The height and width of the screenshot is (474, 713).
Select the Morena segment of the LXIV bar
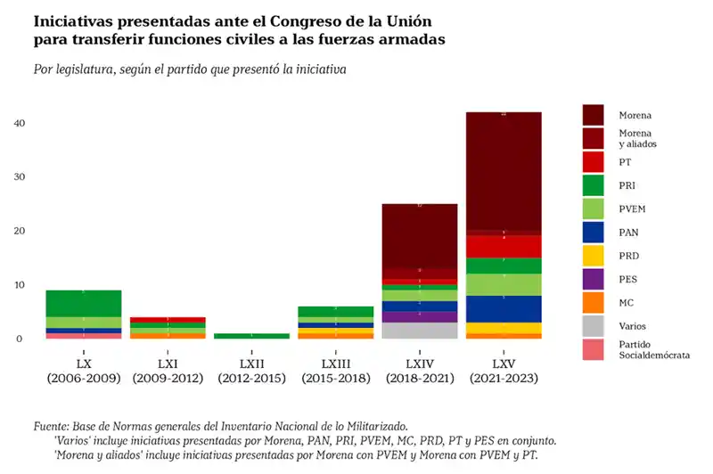420,235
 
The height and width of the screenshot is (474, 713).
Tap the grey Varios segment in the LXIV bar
420,331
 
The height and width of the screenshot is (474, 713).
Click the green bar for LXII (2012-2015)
251,336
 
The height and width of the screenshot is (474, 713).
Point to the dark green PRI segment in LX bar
84,303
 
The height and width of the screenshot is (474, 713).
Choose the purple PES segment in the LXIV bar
420,316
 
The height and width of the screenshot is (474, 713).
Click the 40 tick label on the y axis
17,123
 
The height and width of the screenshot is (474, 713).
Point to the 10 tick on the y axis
17,285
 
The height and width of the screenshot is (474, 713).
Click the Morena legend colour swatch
593,115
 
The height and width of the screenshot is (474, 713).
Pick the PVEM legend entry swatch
593,208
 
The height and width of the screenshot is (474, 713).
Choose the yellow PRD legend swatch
593,256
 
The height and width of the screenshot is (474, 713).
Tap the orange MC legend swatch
593,302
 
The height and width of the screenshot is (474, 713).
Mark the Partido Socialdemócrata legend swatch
593,349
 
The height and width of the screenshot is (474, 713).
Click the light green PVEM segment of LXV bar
504,284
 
